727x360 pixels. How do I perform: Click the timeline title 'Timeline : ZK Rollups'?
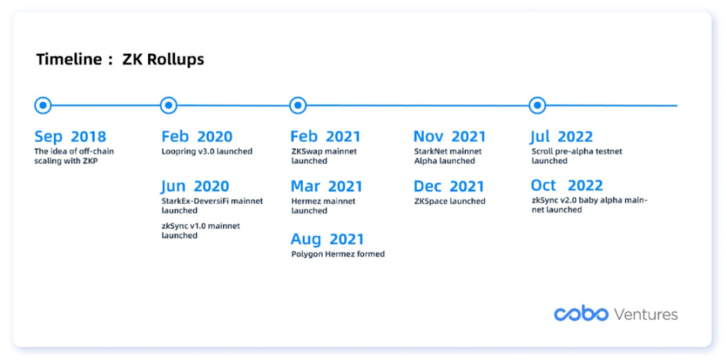tap(120, 60)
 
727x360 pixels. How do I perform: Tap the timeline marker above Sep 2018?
tap(43, 106)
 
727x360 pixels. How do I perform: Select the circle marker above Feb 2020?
tap(168, 106)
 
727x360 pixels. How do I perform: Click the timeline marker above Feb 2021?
tap(297, 106)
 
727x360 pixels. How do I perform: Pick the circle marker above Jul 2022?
tap(537, 106)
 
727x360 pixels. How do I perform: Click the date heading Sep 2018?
tap(70, 137)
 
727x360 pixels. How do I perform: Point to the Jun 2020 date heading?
tap(195, 186)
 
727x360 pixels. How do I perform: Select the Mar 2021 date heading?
tap(326, 186)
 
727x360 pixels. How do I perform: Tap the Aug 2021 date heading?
tap(328, 240)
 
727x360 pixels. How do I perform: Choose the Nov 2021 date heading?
tap(450, 137)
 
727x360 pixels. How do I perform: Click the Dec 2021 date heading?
tap(449, 186)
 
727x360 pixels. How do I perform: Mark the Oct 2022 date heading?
tap(567, 186)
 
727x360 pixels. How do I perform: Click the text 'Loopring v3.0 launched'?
tap(206, 151)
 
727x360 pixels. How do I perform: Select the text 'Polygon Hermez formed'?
tap(338, 254)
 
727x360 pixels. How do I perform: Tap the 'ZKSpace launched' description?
tap(450, 201)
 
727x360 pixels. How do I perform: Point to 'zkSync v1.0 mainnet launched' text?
tap(200, 231)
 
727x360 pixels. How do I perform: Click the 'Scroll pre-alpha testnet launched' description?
tap(577, 156)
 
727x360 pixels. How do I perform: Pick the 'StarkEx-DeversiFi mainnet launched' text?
tap(212, 206)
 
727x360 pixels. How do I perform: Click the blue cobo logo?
tap(581, 314)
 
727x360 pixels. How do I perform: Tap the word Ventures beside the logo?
tap(646, 314)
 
